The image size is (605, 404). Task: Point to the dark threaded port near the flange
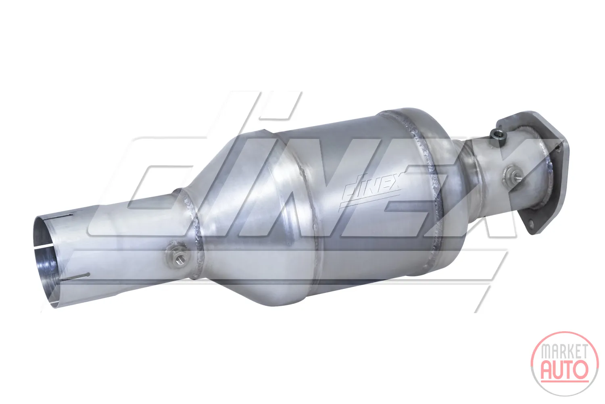point(496,134)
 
